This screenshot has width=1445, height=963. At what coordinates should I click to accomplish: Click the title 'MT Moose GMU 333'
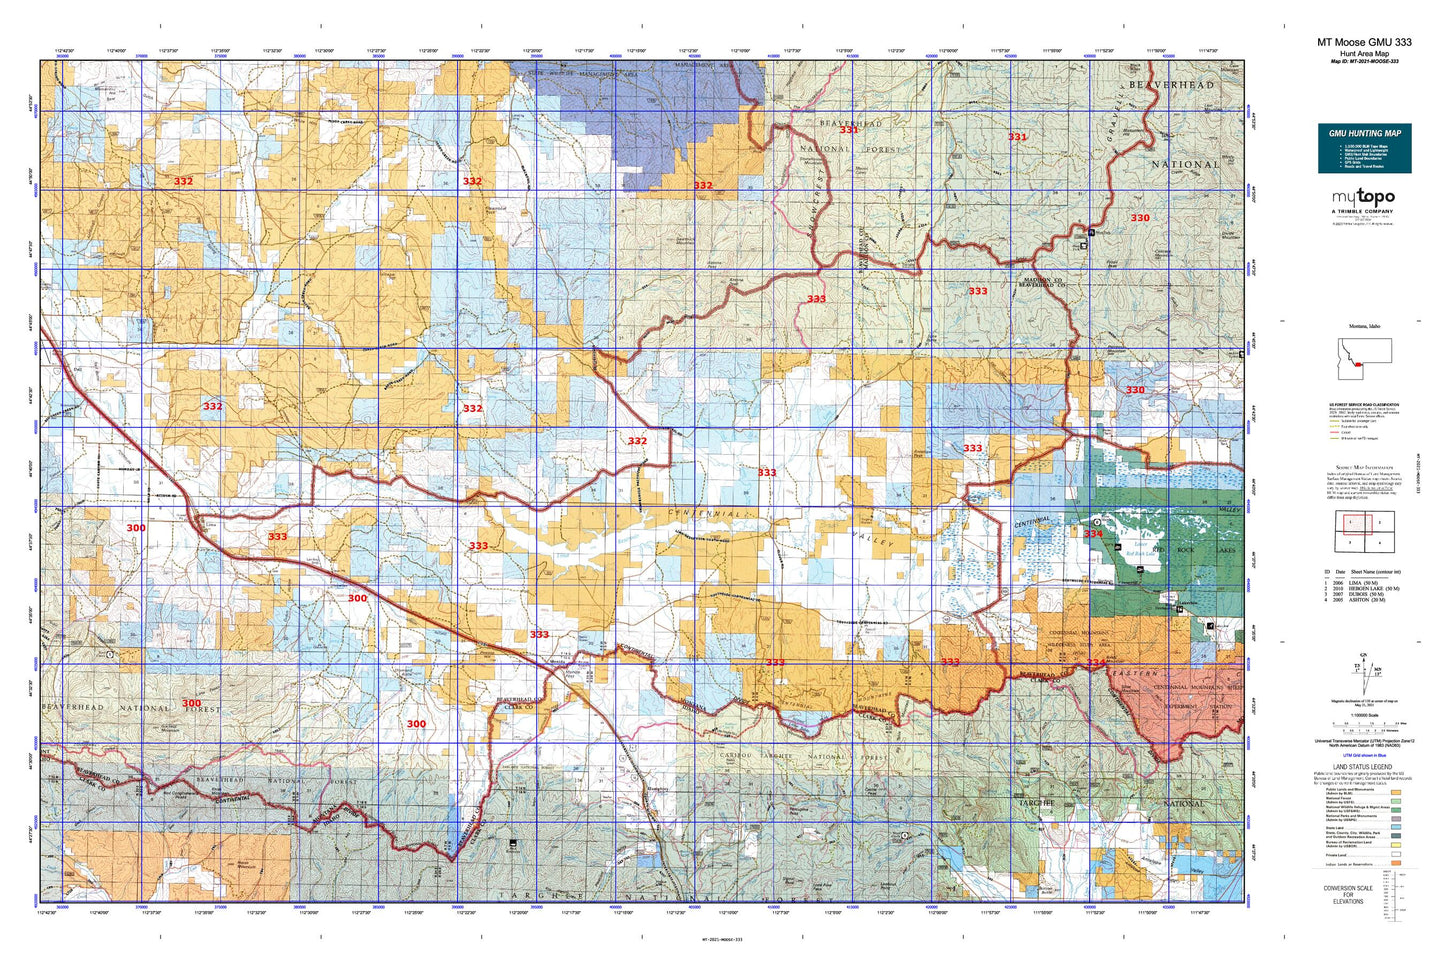click(x=1364, y=42)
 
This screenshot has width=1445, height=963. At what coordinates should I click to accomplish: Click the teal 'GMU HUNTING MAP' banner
click(x=1364, y=133)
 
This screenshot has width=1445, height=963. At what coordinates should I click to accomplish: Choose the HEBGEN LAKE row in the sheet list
click(x=1364, y=589)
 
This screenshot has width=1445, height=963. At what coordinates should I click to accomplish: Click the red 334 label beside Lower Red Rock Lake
click(x=1093, y=534)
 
